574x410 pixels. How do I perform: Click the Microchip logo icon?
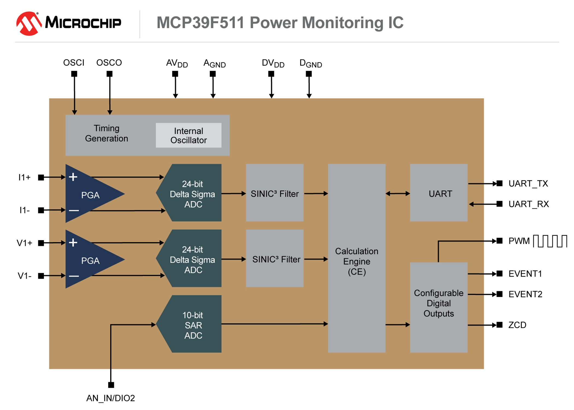pos(29,23)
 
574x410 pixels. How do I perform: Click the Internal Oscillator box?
pos(189,135)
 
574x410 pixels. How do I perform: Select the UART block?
pos(439,193)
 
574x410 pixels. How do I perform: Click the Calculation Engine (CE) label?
pos(357,261)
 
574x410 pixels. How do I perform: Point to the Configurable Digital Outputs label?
pos(439,303)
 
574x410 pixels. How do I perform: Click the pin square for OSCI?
pos(74,74)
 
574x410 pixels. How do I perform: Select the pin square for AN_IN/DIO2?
pos(111,385)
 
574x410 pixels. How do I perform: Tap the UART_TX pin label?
pos(528,183)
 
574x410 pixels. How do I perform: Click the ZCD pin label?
pos(517,325)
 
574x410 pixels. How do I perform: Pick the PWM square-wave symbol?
pos(550,241)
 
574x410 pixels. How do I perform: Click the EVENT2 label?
pos(525,294)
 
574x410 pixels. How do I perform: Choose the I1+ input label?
pos(24,177)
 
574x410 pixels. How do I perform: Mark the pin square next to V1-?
pos(41,276)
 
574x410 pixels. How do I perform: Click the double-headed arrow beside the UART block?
pos(398,194)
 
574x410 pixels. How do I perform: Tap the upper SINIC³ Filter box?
pos(275,193)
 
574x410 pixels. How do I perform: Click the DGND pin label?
pos(311,63)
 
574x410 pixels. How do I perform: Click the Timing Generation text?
pos(107,133)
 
